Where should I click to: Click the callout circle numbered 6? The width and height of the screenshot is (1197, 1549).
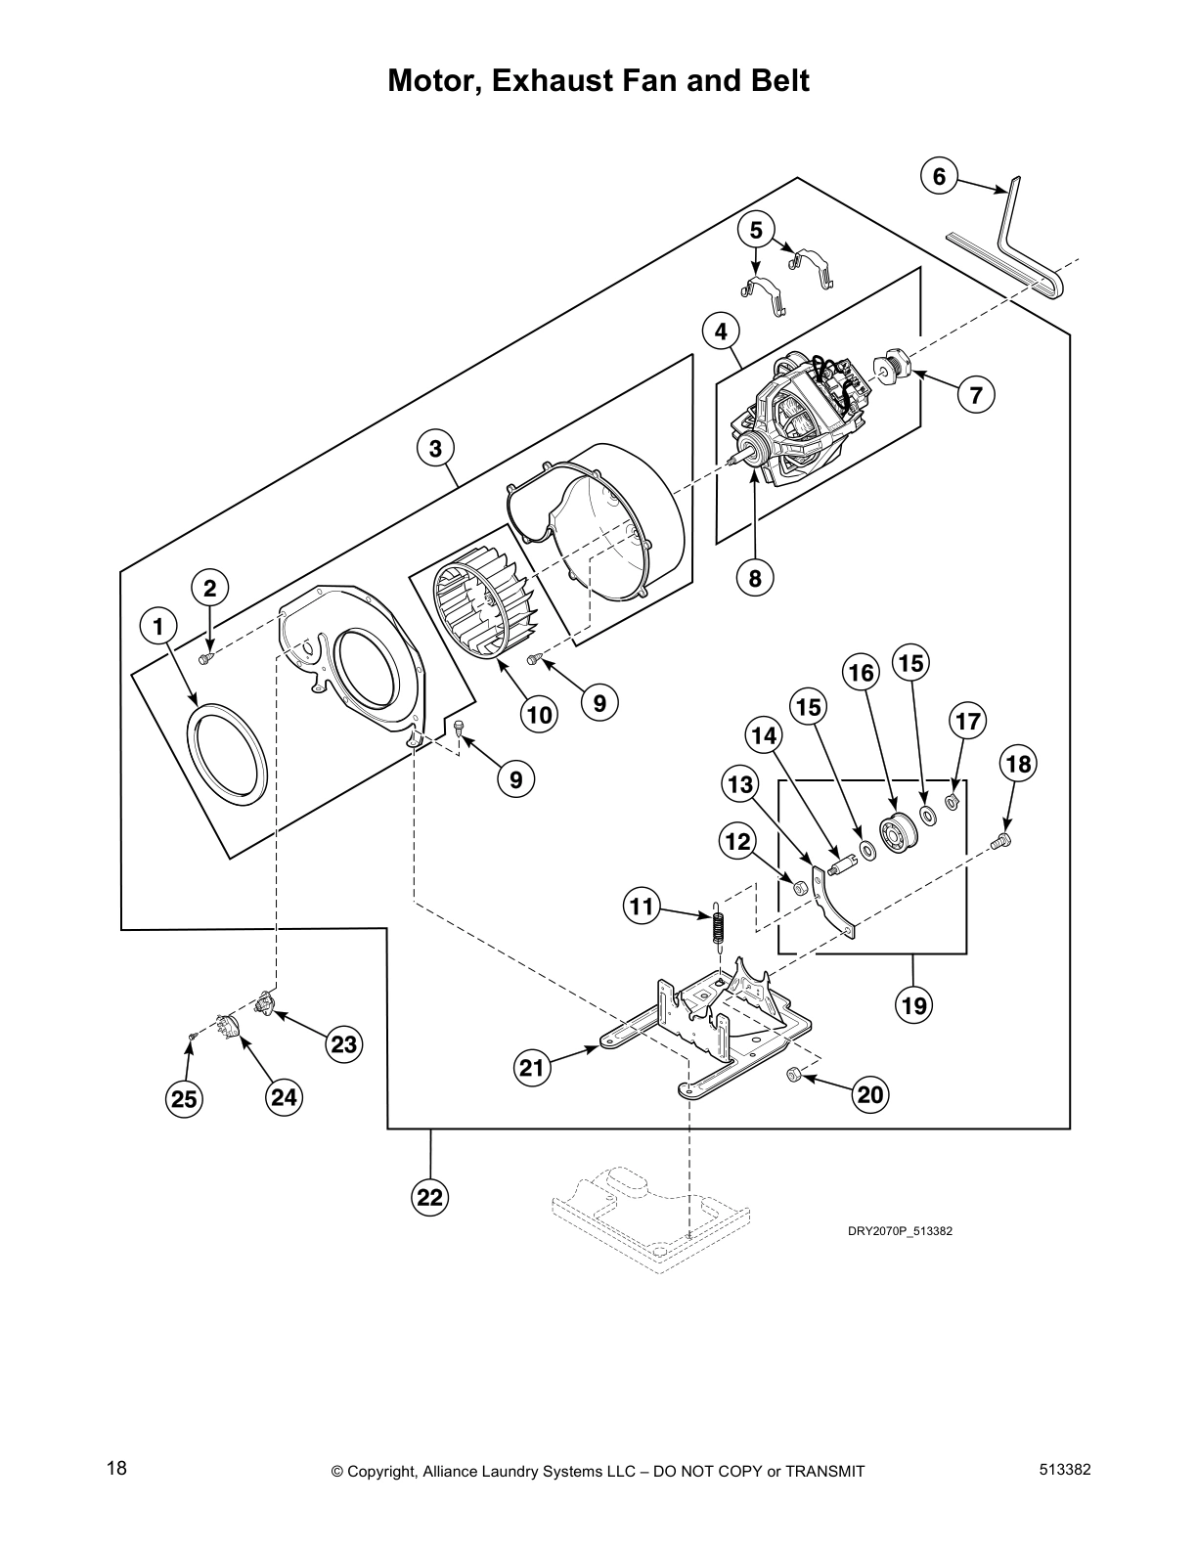point(939,177)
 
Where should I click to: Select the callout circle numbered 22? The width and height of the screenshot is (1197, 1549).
point(431,1197)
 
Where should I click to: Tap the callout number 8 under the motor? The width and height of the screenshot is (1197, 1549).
point(755,578)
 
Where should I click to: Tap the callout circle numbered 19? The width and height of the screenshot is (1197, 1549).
point(915,1003)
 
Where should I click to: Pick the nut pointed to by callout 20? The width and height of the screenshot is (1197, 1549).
point(794,1075)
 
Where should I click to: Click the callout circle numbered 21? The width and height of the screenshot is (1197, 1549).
point(531,1068)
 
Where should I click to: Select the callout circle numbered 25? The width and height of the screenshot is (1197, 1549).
point(184,1099)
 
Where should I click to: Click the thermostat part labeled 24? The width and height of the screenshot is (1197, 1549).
point(228,1030)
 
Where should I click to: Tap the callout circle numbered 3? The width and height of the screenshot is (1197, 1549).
point(435,449)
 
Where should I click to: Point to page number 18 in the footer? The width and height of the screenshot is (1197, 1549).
point(116,1469)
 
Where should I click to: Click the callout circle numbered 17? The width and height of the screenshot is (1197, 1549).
point(967,723)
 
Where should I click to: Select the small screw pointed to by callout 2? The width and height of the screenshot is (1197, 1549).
point(204,660)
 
